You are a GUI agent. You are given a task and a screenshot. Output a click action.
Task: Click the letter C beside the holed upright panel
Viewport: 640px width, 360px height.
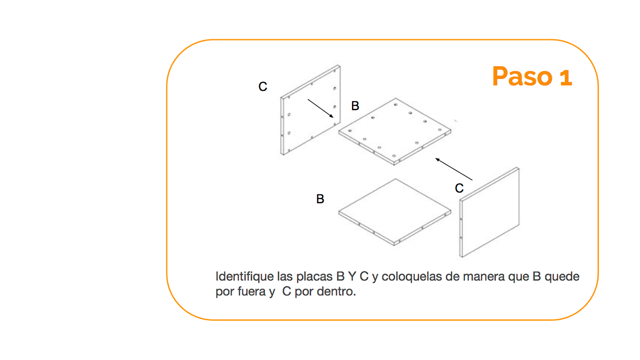(262, 86)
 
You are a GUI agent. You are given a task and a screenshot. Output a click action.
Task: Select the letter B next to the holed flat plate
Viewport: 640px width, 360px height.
(355, 106)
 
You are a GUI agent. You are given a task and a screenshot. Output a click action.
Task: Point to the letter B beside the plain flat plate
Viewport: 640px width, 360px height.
(320, 199)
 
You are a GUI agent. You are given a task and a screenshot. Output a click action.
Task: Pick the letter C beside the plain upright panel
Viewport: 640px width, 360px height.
(459, 188)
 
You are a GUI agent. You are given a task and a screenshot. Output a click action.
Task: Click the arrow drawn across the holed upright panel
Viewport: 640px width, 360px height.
(320, 108)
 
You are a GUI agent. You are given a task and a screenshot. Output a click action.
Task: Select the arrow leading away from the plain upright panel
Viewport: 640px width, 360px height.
(453, 169)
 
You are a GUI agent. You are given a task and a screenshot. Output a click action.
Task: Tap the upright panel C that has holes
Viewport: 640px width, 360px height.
(310, 110)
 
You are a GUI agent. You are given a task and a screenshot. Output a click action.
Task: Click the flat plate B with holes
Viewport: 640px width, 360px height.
(395, 132)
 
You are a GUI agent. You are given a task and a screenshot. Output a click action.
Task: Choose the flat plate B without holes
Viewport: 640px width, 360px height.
(395, 212)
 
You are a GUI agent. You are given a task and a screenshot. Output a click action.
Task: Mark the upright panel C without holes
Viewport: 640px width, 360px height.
(490, 212)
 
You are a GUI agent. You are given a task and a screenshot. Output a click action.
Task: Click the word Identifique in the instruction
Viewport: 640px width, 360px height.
(245, 277)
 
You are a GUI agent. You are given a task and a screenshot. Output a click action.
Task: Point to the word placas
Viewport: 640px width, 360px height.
(315, 277)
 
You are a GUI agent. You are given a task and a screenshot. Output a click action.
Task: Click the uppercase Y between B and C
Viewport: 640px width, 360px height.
(352, 276)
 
